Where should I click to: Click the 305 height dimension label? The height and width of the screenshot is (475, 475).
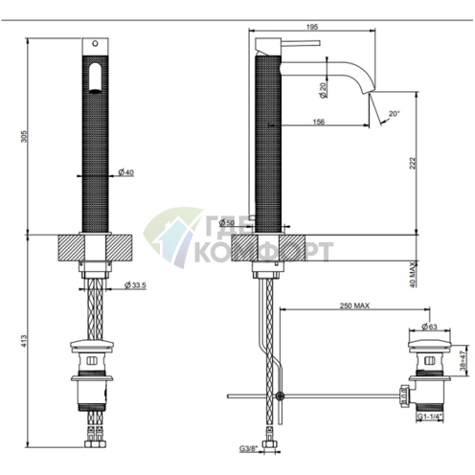point(25,136)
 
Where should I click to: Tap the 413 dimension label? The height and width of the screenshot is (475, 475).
point(25,341)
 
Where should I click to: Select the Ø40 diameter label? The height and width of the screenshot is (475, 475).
point(126,172)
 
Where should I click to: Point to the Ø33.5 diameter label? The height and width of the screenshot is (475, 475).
point(135,285)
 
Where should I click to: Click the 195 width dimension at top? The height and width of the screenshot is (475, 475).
point(312,27)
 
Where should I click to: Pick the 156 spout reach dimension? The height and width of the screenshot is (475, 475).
point(319,122)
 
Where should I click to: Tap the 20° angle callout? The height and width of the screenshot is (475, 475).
point(395,113)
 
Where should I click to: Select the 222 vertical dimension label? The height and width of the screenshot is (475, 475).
point(413,163)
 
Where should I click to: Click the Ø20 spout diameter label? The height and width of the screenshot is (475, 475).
point(323,90)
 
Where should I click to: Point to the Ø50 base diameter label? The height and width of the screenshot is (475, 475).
point(227,222)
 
